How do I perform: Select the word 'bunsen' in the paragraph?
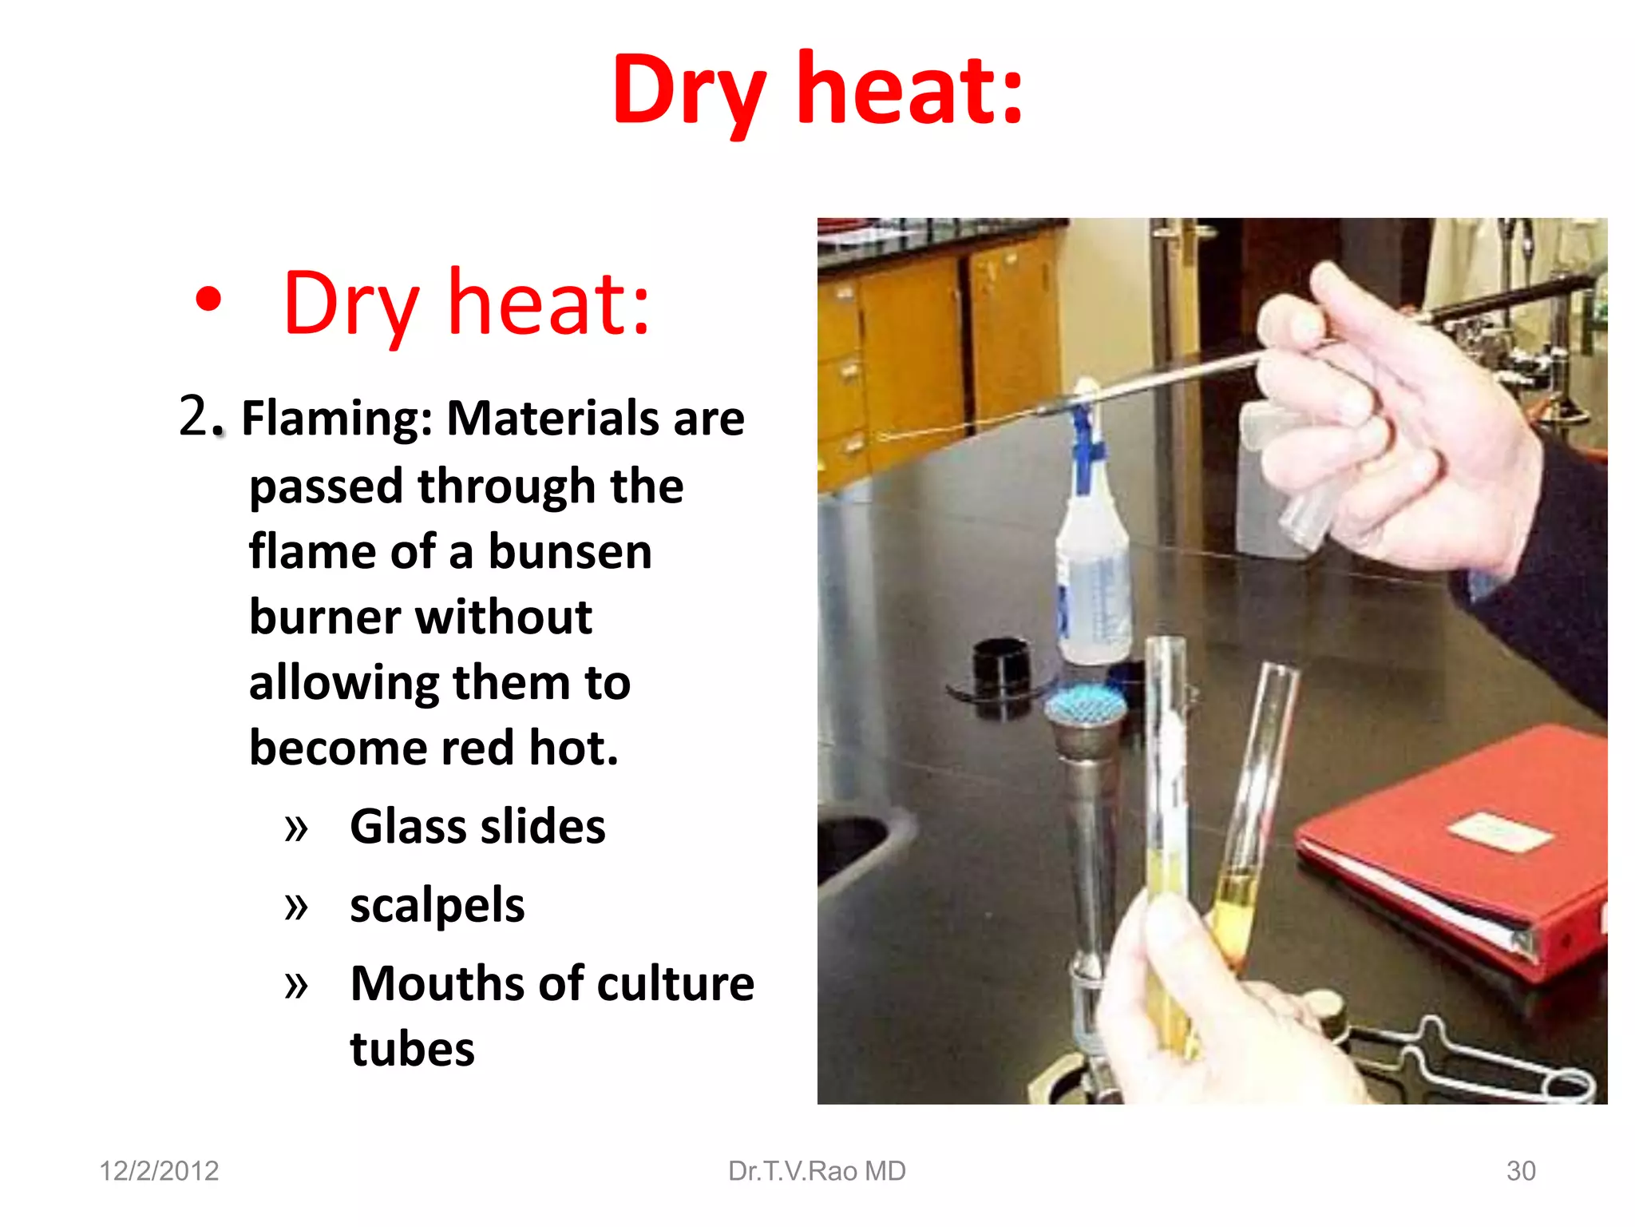pyautogui.click(x=570, y=552)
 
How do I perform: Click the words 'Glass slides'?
pyautogui.click(x=477, y=826)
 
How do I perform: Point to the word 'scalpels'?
pyautogui.click(x=437, y=905)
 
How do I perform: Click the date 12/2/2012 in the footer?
pyautogui.click(x=159, y=1171)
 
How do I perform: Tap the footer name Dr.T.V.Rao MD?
pyautogui.click(x=817, y=1171)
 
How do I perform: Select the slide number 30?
pyautogui.click(x=1521, y=1171)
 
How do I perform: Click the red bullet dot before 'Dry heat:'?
pyautogui.click(x=208, y=300)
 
